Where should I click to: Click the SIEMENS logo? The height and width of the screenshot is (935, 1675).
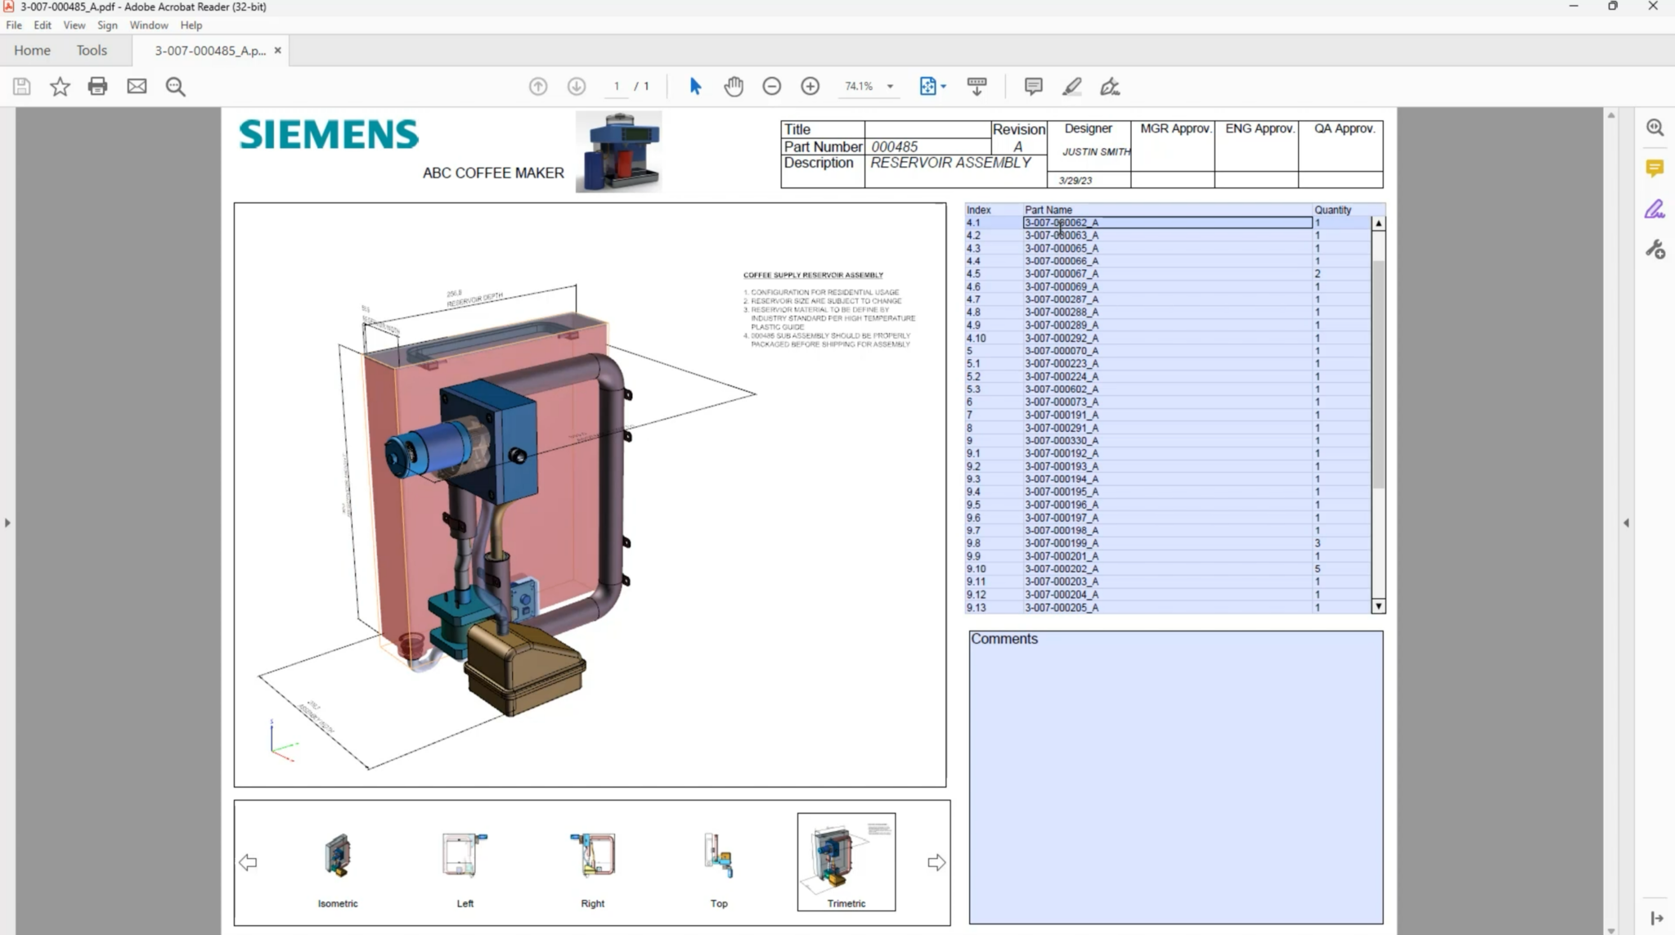329,135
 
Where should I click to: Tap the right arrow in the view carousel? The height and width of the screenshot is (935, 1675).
936,862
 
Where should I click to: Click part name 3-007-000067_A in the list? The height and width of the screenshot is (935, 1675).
1061,274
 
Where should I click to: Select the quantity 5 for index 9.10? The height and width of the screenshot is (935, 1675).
1318,569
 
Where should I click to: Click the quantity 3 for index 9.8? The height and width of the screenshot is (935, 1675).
1318,543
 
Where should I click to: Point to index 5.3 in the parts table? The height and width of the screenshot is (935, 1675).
973,389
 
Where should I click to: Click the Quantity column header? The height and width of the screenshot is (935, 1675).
1332,210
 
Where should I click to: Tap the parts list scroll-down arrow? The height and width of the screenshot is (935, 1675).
1378,607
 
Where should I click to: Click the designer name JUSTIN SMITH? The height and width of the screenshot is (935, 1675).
1096,152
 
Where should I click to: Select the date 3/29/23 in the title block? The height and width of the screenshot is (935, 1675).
1075,181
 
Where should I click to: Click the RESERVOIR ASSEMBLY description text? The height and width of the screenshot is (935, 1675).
950,163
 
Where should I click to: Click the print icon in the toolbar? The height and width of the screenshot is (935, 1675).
97,86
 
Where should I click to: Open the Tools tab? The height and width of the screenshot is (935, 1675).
92,51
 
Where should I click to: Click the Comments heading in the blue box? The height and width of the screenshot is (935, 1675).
1004,640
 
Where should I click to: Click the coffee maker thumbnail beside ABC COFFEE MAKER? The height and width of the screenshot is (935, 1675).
618,152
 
